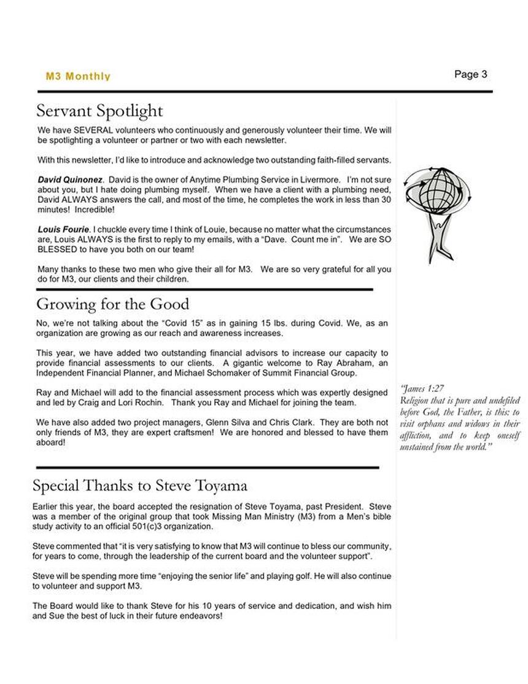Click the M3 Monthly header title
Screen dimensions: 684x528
coord(78,77)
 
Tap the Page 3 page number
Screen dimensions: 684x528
coord(471,74)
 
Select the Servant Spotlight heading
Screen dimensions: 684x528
coord(99,111)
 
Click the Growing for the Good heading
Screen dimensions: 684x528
coord(112,304)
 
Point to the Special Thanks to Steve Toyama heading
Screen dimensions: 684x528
coord(140,486)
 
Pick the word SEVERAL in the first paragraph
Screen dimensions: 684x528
coord(91,130)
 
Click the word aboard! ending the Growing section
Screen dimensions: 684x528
coord(51,442)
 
